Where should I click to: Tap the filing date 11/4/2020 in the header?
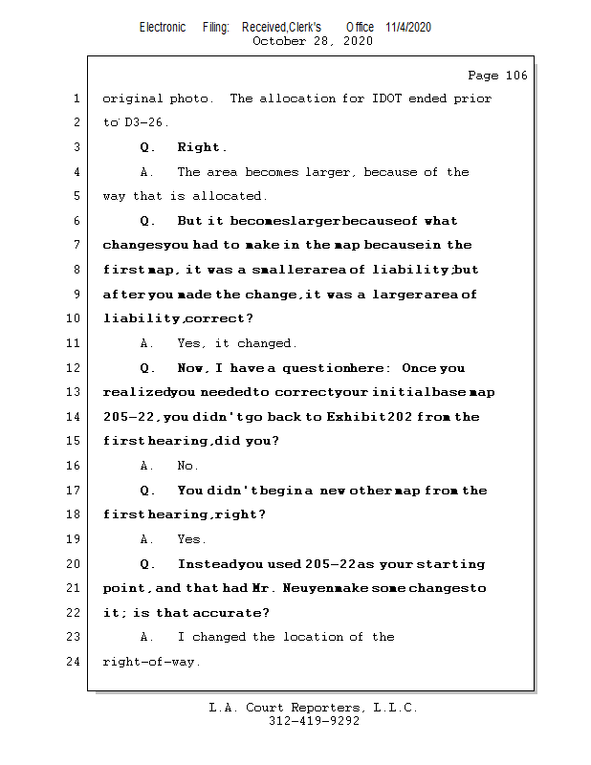[x=408, y=27]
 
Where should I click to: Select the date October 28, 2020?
[x=312, y=41]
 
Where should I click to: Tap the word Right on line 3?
[x=200, y=148]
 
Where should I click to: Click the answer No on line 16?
[x=186, y=466]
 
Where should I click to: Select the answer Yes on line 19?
[x=189, y=539]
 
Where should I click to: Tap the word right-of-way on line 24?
[x=150, y=661]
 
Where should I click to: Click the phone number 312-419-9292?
[x=314, y=721]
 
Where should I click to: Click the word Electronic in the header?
[x=163, y=27]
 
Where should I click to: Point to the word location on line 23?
[x=314, y=637]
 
